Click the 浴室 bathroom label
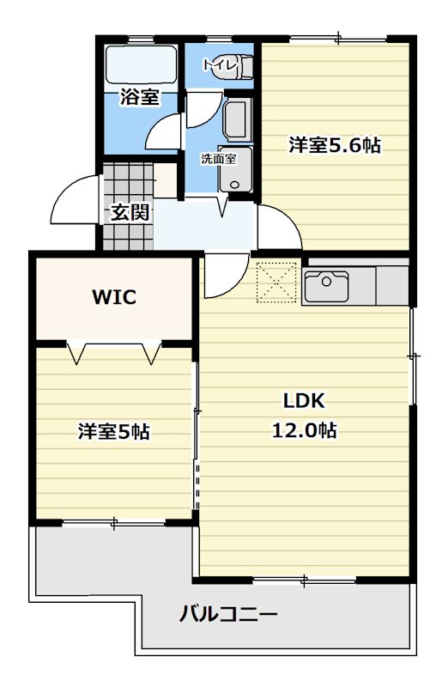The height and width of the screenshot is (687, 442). click(139, 97)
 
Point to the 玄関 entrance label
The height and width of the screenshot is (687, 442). click(130, 212)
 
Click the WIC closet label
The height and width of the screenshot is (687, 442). click(114, 298)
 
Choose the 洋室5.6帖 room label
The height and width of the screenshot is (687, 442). click(334, 145)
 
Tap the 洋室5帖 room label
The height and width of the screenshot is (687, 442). click(114, 432)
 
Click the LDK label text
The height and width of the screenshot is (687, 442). click(304, 401)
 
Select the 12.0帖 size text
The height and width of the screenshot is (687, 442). click(304, 430)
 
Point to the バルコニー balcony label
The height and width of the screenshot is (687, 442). click(228, 615)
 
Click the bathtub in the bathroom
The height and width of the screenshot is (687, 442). click(141, 64)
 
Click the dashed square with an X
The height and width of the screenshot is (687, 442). click(276, 283)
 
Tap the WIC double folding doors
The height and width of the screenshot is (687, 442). click(116, 351)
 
